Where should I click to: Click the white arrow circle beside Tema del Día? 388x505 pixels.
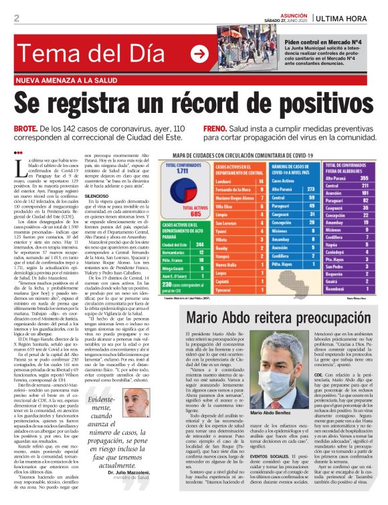199,53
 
